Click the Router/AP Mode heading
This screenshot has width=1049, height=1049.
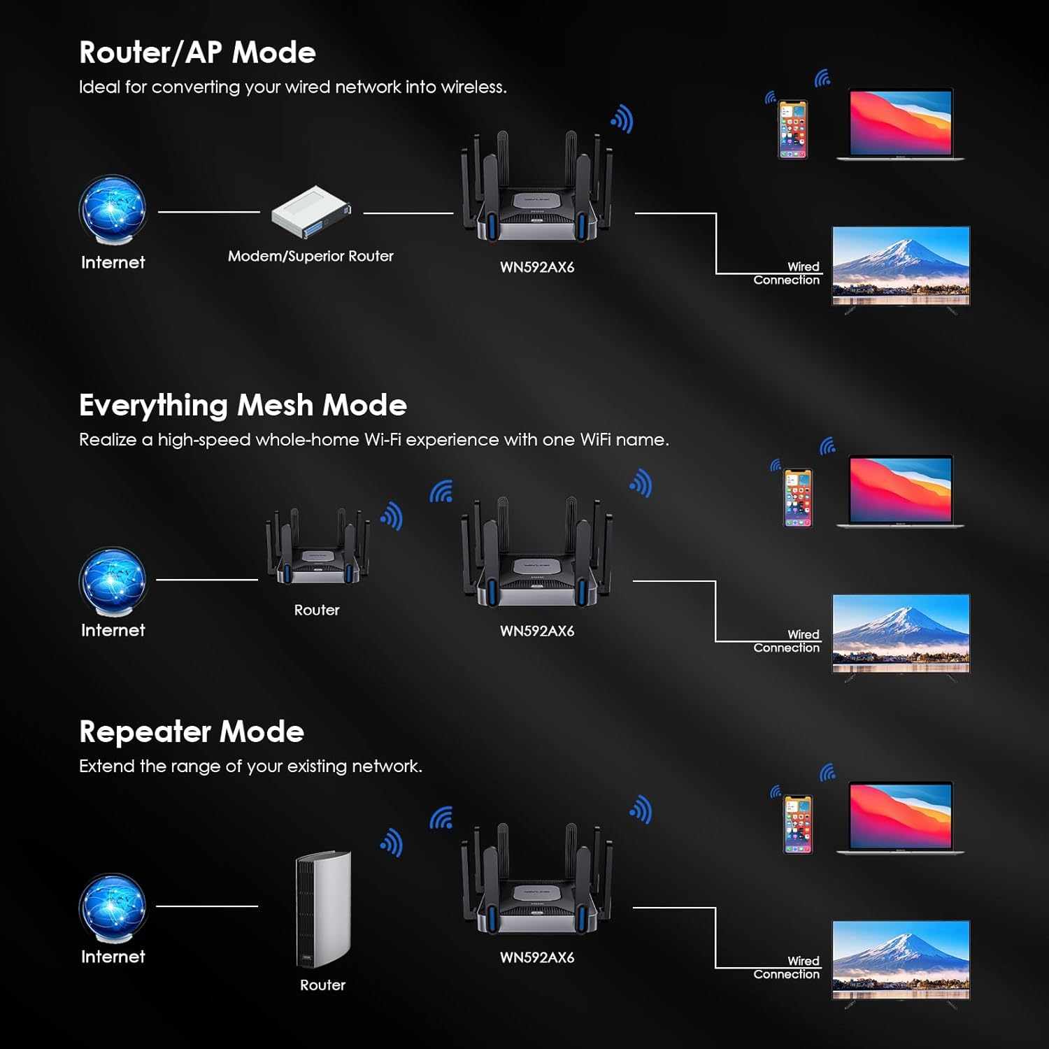197,52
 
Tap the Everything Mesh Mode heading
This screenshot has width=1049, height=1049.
243,406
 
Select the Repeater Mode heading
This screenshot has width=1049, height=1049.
192,732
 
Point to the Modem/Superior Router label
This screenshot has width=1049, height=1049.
311,257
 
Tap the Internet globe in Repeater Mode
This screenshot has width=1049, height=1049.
113,908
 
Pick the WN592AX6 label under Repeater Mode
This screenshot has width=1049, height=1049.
537,958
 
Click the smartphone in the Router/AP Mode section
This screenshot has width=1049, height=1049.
793,129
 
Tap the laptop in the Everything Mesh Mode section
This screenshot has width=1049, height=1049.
901,491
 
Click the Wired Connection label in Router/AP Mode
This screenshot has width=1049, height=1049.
787,273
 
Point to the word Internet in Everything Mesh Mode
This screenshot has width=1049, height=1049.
113,630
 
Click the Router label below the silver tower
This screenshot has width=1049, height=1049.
323,985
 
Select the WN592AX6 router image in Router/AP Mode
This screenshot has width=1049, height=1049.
536,192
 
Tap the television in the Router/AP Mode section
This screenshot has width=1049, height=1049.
901,267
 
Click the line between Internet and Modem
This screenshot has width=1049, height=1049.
208,212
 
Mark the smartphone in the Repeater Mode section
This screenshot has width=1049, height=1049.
798,824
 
